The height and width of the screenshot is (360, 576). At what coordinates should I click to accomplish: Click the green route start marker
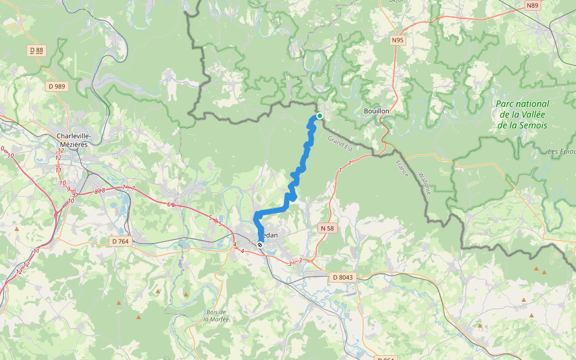tap(320, 116)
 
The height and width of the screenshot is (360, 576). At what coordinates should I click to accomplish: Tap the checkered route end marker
tap(260, 244)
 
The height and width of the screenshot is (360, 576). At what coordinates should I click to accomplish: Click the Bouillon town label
tap(377, 111)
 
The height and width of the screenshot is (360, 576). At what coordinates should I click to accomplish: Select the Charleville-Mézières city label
tap(73, 140)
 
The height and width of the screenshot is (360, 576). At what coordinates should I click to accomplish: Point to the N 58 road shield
tap(327, 228)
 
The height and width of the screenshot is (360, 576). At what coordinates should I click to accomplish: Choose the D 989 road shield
tap(58, 86)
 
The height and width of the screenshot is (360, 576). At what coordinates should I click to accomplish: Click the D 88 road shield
tap(37, 51)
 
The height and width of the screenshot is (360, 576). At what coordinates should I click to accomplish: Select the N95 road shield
tap(397, 41)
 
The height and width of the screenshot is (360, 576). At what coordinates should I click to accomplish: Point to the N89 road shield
tap(532, 5)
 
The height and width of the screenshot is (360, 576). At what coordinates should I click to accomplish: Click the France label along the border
tap(401, 168)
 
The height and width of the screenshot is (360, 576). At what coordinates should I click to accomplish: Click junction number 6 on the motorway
tap(170, 205)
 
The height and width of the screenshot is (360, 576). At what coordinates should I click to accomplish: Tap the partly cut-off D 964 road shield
tap(386, 358)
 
